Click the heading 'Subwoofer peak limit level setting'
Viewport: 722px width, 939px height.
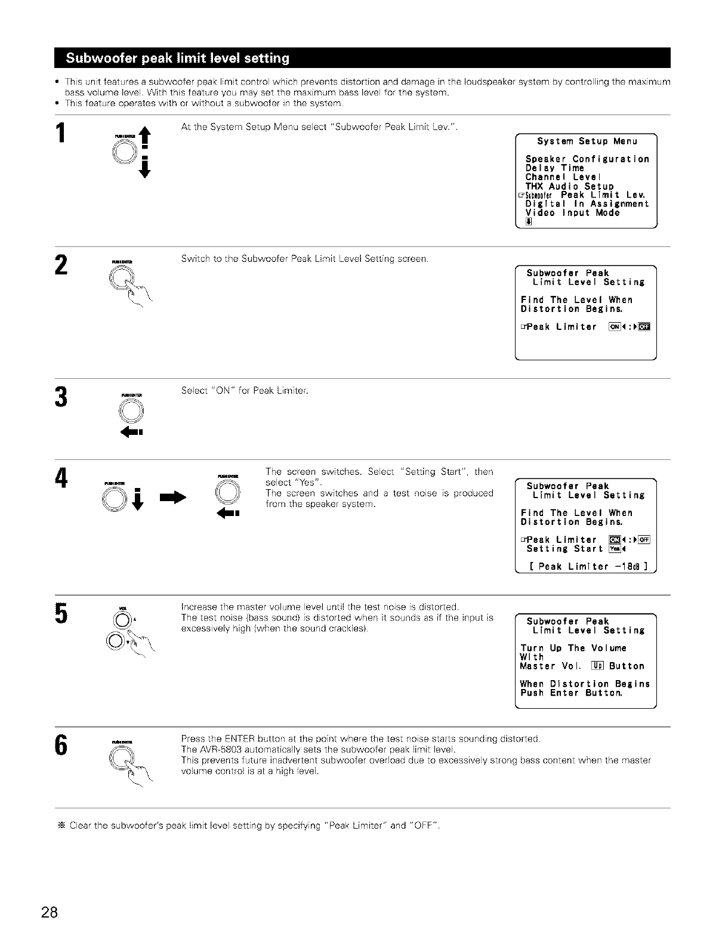pyautogui.click(x=177, y=58)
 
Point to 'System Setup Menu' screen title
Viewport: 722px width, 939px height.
pyautogui.click(x=587, y=141)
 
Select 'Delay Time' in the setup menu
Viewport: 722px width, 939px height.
pyautogui.click(x=554, y=168)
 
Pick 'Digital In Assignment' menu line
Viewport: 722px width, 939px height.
pyautogui.click(x=587, y=204)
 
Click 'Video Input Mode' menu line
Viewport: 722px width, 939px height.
pyautogui.click(x=572, y=213)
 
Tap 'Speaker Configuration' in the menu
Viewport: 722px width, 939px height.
pyautogui.click(x=587, y=159)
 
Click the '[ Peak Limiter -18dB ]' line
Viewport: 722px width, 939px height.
pyautogui.click(x=588, y=566)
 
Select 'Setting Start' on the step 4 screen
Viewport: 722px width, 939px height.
pyautogui.click(x=564, y=549)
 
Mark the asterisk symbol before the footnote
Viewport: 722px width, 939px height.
pyautogui.click(x=60, y=826)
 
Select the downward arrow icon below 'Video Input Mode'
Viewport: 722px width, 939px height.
pyautogui.click(x=528, y=223)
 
